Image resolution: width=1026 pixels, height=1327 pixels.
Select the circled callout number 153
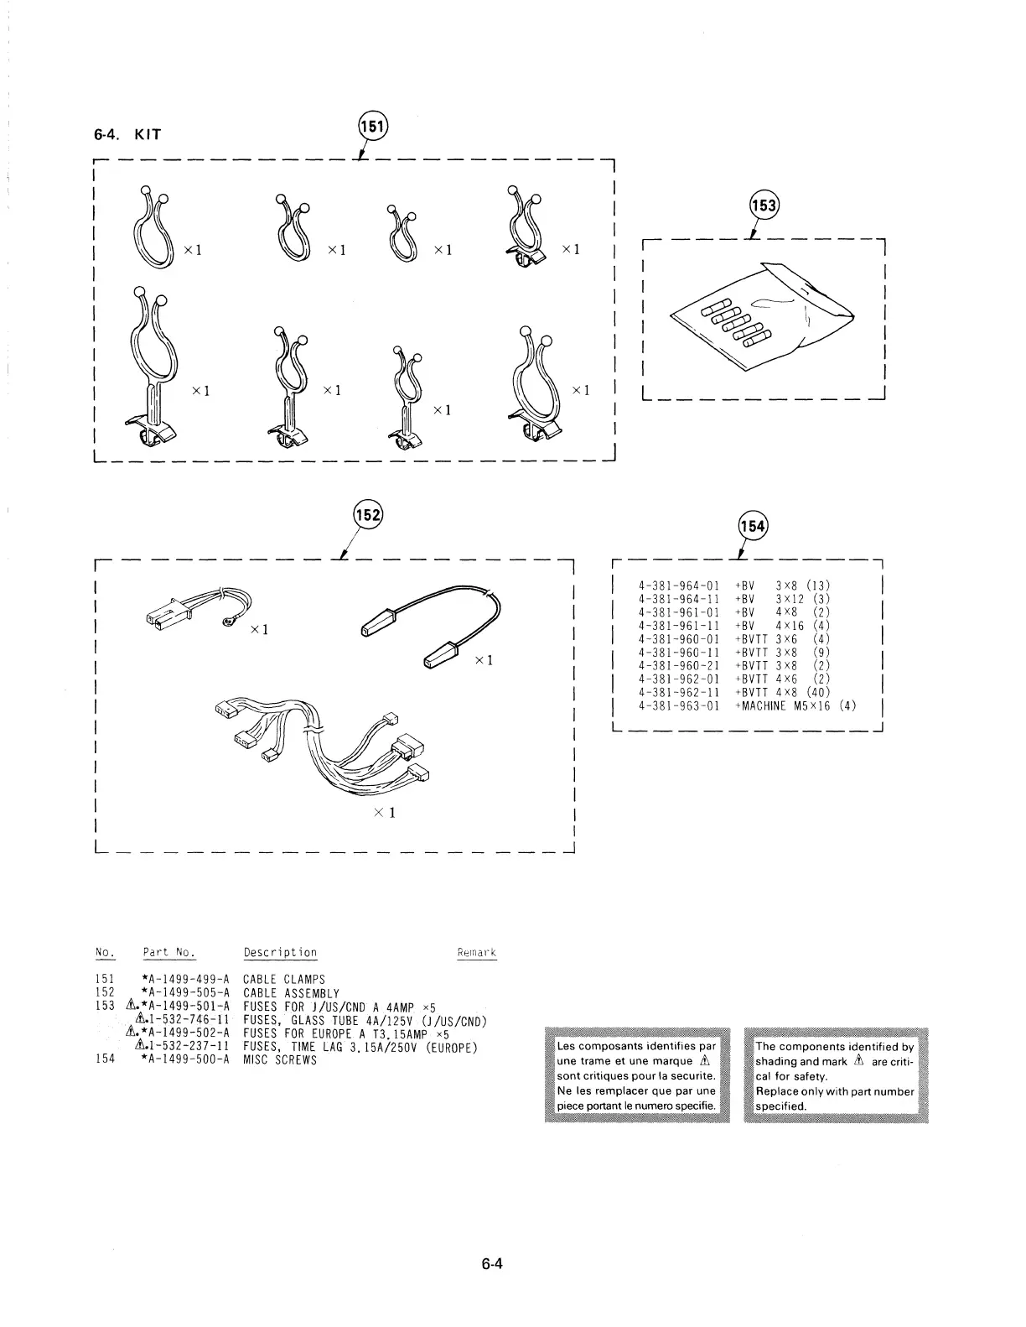[764, 206]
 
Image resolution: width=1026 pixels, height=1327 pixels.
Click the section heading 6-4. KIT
[127, 134]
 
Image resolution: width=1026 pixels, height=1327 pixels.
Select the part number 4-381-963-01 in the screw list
[679, 706]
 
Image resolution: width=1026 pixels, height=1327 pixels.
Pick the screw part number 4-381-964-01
[679, 585]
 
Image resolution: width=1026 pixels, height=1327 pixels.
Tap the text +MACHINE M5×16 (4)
[795, 706]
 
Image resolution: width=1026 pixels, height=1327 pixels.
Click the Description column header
[280, 952]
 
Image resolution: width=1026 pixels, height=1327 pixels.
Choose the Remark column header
[476, 952]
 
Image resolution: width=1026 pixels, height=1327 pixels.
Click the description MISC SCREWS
[280, 1059]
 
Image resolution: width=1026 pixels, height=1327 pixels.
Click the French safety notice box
[637, 1075]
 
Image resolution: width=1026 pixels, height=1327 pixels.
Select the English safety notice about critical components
[836, 1075]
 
